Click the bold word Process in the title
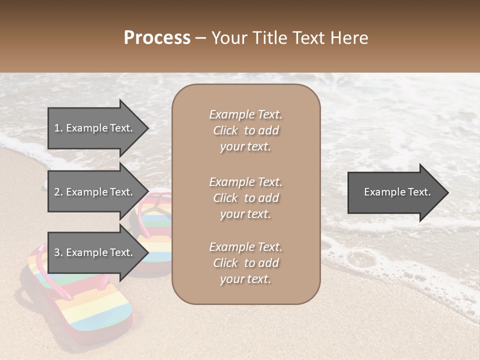pos(157,38)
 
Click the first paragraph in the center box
pos(245,130)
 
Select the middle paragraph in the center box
pos(245,198)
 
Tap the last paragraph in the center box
pos(245,263)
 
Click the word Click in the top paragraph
pos(225,130)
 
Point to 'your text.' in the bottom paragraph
pos(245,279)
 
